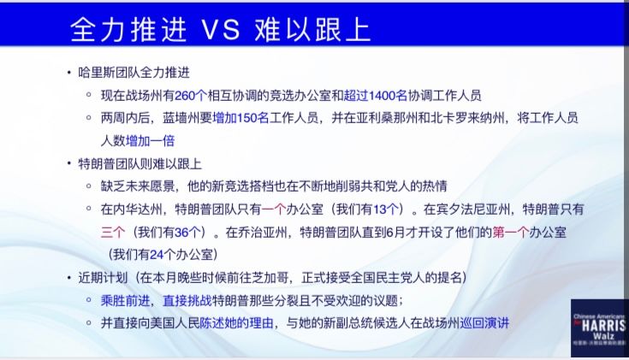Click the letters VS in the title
220,29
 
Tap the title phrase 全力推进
128,29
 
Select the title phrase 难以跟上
312,29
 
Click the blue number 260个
191,96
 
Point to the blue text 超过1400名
376,96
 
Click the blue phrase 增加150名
240,118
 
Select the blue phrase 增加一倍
150,141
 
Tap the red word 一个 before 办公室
274,210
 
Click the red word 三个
113,232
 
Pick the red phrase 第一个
510,232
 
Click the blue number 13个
386,210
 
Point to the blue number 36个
187,232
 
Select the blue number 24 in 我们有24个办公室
157,255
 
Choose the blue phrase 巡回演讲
484,322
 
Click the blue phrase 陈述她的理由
237,322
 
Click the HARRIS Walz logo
599,328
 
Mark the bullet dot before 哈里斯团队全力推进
69,73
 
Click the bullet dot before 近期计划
69,278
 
